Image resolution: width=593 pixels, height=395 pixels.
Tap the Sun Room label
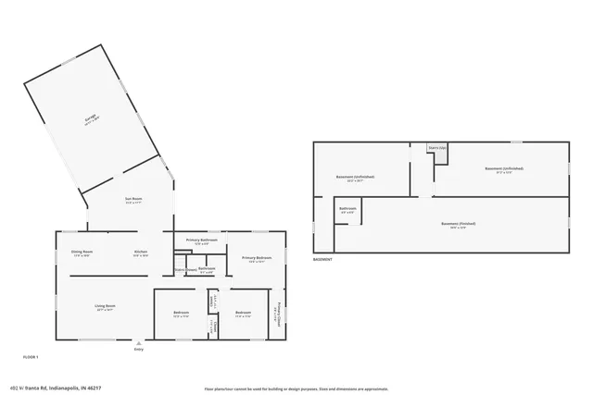[x=133, y=200]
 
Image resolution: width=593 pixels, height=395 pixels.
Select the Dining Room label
[x=82, y=252]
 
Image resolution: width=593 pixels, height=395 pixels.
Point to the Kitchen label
[x=141, y=252]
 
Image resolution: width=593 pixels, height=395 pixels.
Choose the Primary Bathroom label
[x=202, y=241]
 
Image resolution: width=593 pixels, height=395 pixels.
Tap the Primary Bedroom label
[x=257, y=258]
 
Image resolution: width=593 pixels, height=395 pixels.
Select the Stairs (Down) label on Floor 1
[x=185, y=269]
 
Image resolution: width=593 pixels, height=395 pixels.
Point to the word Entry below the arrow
[x=139, y=349]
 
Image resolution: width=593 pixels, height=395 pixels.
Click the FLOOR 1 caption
[x=31, y=356]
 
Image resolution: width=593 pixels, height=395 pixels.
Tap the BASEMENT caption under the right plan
[x=322, y=260]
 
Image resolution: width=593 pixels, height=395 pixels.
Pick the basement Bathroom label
[x=347, y=209]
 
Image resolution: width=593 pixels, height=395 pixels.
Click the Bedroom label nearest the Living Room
[x=182, y=313]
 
